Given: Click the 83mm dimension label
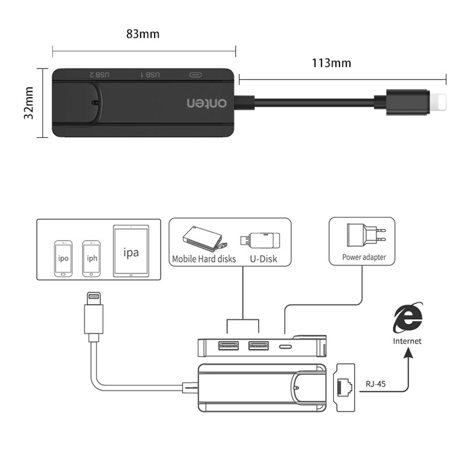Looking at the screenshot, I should coord(143,34).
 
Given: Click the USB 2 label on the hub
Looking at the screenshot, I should coord(99,75).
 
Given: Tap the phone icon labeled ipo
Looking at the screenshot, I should coord(63,257).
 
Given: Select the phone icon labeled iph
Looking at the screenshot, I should coord(90,257).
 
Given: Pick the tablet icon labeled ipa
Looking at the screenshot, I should coord(130,253).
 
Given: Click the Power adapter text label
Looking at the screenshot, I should coord(364,257).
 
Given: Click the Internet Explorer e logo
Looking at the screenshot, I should coord(407,319).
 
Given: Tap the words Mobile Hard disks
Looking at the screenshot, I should coord(204,259).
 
